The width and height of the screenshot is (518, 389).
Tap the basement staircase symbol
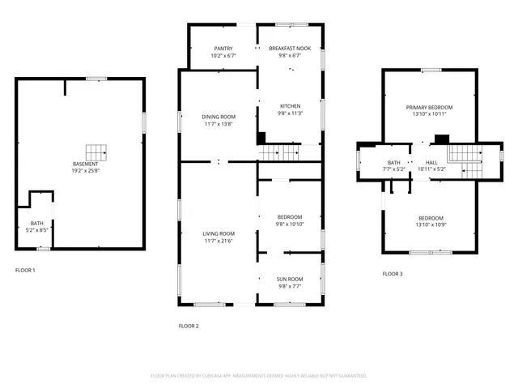tap(97, 152)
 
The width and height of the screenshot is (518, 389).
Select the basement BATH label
tap(37, 223)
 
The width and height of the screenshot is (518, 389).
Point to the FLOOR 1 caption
tap(25, 270)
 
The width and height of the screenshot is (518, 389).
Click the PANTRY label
tap(223, 49)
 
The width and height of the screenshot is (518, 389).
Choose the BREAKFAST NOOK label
tap(290, 49)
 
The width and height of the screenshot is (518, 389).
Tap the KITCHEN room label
tap(290, 107)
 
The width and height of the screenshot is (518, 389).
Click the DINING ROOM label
tap(218, 118)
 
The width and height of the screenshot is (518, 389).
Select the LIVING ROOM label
tap(218, 233)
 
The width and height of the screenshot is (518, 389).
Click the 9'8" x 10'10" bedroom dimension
tap(290, 224)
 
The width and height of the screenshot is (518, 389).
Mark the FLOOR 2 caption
tap(188, 326)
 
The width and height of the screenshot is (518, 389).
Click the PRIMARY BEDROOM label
tap(429, 107)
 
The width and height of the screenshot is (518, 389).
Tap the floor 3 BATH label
tap(394, 163)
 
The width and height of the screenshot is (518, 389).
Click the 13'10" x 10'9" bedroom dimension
tap(431, 224)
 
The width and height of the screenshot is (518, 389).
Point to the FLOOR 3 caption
tap(392, 274)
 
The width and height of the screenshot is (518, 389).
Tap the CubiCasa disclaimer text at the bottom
tap(259, 376)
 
